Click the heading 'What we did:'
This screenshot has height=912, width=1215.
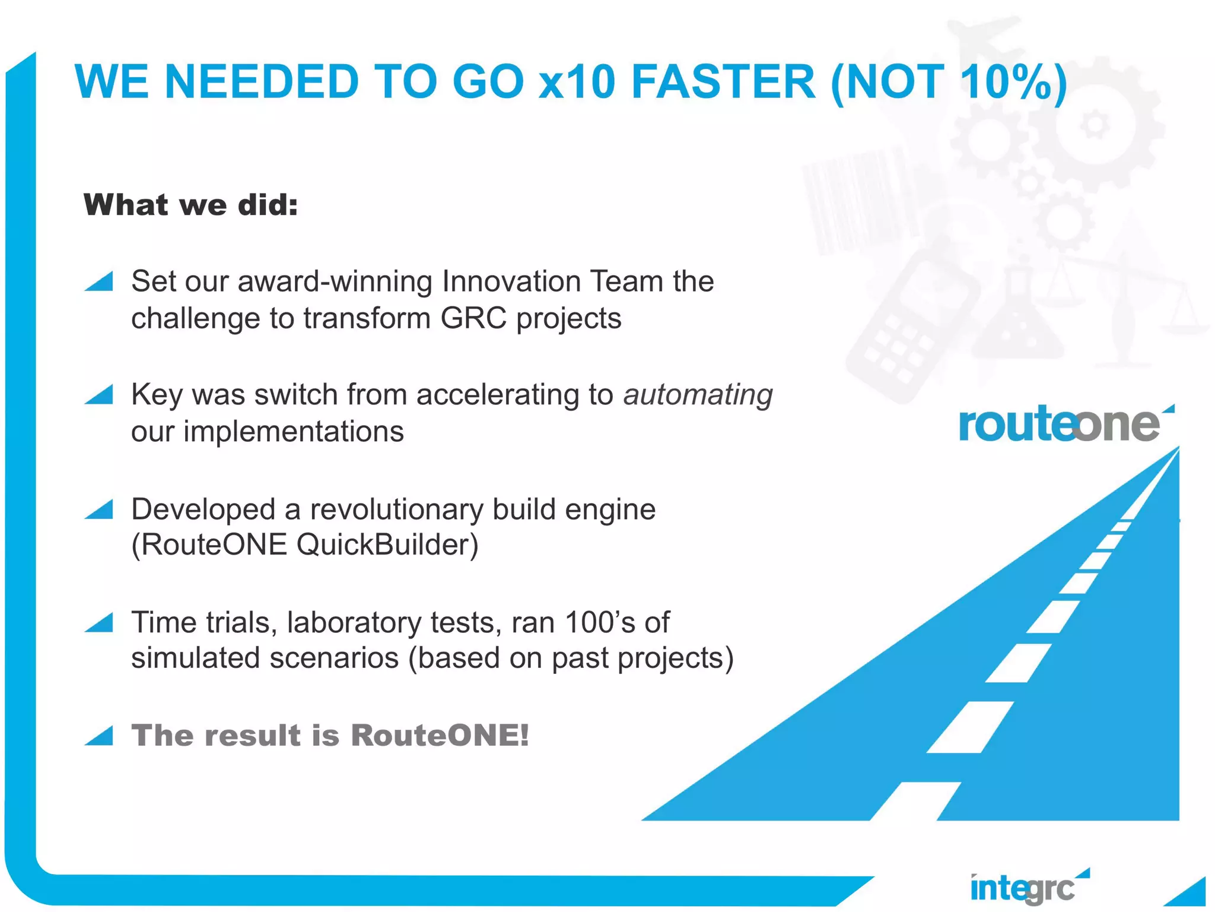tap(190, 205)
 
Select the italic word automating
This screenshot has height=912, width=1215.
tap(698, 395)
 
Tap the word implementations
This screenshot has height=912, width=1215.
tap(294, 432)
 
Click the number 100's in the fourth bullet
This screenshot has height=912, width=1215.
tap(600, 622)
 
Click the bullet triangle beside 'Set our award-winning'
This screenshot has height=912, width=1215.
tap(99, 281)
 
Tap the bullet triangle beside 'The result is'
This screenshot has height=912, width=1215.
tap(99, 736)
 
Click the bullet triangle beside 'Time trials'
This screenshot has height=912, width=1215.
tap(99, 623)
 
